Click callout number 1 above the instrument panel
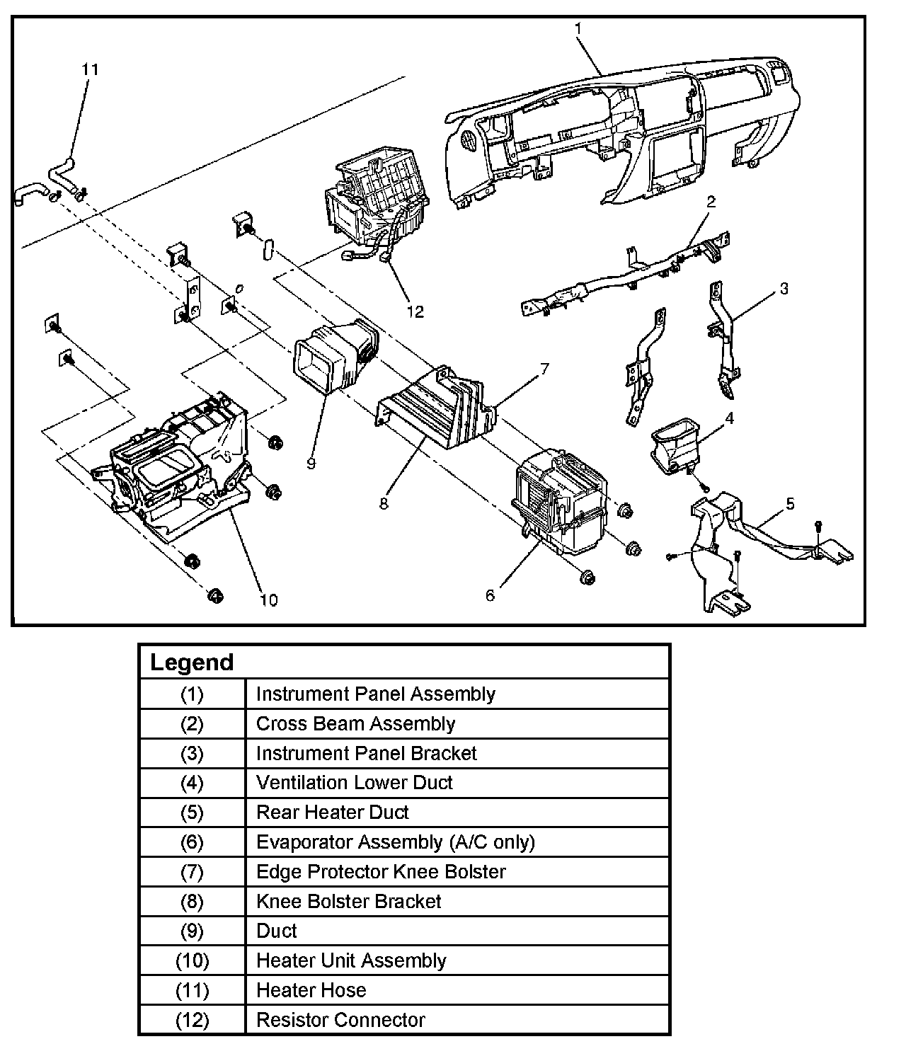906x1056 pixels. point(578,28)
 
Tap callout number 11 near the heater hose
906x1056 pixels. point(90,69)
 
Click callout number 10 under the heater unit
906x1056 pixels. point(268,600)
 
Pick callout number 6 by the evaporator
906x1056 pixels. point(490,595)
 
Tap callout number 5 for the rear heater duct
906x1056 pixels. point(790,503)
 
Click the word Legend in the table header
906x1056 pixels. point(192,662)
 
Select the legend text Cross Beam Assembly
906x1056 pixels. point(355,723)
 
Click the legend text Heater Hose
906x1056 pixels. point(311,990)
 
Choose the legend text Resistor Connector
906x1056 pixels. point(340,1020)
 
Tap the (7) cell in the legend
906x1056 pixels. point(192,871)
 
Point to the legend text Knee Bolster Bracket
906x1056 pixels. point(348,901)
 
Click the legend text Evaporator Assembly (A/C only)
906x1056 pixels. point(395,842)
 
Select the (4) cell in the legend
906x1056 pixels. point(192,783)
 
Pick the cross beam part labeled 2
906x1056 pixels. point(623,280)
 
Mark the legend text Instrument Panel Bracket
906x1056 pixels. point(366,753)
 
